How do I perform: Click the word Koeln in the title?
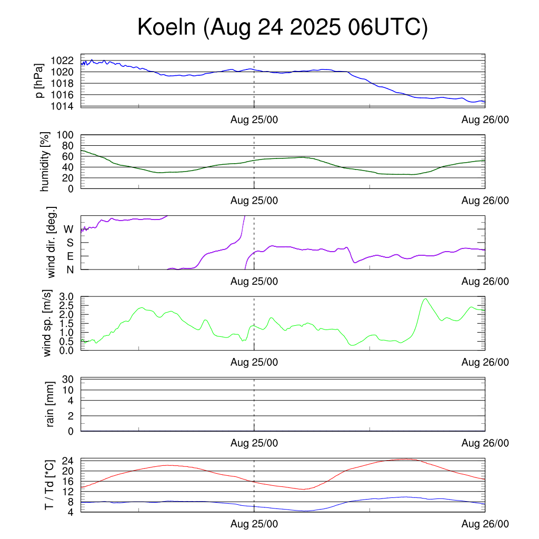click(x=167, y=27)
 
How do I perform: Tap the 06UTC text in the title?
click(x=387, y=27)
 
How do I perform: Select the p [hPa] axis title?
click(x=39, y=81)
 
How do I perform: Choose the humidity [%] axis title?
click(x=46, y=162)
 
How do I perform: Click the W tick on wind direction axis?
click(x=68, y=229)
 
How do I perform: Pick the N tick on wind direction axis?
click(x=69, y=269)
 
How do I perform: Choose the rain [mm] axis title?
click(x=51, y=405)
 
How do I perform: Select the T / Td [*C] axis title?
click(x=49, y=485)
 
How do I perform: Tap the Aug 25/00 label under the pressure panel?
click(x=254, y=119)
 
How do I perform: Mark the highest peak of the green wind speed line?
click(x=425, y=299)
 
